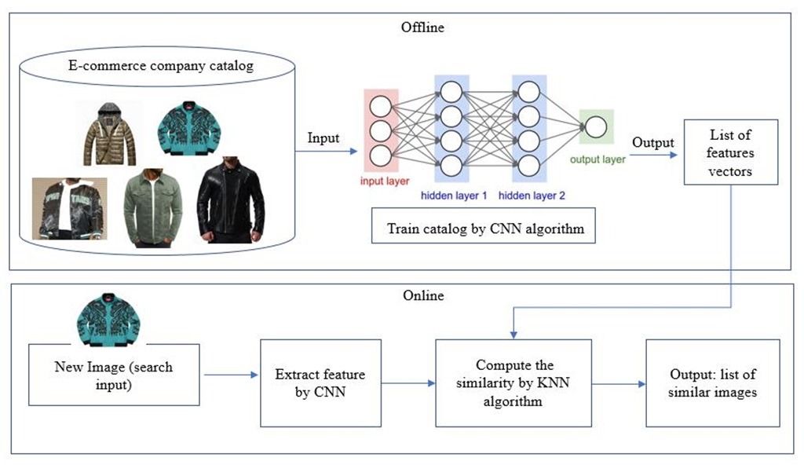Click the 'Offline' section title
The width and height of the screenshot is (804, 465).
[422, 27]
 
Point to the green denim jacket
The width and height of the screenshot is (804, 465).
[153, 206]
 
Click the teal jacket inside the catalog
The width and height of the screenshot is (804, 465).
[188, 127]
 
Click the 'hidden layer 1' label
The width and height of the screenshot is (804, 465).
[451, 192]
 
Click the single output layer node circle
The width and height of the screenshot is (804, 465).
[595, 127]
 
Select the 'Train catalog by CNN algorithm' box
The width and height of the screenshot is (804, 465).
[483, 229]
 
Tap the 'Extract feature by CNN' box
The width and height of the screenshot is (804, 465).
[320, 383]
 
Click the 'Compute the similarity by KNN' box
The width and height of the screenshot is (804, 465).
[514, 383]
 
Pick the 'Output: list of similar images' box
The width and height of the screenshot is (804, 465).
[712, 383]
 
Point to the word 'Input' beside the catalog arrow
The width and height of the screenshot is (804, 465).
[323, 138]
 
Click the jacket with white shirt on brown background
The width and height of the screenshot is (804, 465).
[68, 207]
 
